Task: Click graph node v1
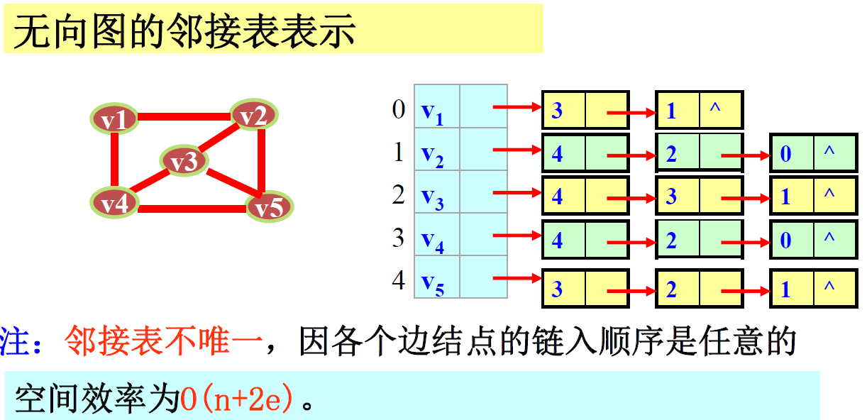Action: pyautogui.click(x=114, y=119)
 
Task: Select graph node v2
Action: pyautogui.click(x=253, y=115)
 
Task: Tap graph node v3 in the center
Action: pyautogui.click(x=183, y=162)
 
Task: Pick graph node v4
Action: pyautogui.click(x=114, y=203)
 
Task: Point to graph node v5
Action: pyautogui.click(x=269, y=207)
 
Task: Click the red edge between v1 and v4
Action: pyautogui.click(x=114, y=161)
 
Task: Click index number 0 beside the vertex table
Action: pyautogui.click(x=399, y=109)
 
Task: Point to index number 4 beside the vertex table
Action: pyautogui.click(x=399, y=280)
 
